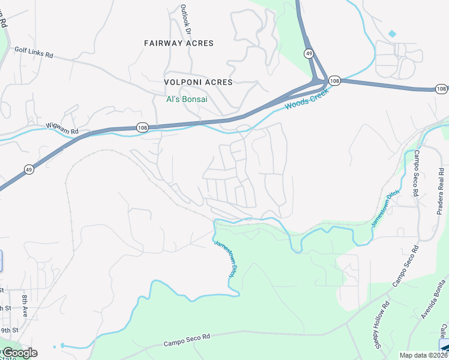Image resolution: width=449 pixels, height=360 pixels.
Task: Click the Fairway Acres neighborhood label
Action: point(179,43)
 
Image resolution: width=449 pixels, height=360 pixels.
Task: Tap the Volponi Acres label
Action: point(198,82)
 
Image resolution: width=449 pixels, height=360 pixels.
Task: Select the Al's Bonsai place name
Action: point(187,99)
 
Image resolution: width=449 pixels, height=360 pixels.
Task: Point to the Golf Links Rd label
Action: point(34,54)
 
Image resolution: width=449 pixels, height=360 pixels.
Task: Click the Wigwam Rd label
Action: point(62,131)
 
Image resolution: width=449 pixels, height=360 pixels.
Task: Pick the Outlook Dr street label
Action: point(187,19)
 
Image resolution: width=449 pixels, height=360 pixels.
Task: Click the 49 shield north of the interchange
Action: point(307,53)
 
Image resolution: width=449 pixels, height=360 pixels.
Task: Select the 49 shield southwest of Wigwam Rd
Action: point(29,170)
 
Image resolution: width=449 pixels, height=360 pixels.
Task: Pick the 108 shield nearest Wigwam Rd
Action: point(142,127)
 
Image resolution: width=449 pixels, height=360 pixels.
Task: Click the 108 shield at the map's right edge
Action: point(441,89)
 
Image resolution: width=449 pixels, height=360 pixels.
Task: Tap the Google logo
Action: point(19,353)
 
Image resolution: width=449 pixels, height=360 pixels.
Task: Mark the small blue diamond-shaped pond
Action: point(392,34)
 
